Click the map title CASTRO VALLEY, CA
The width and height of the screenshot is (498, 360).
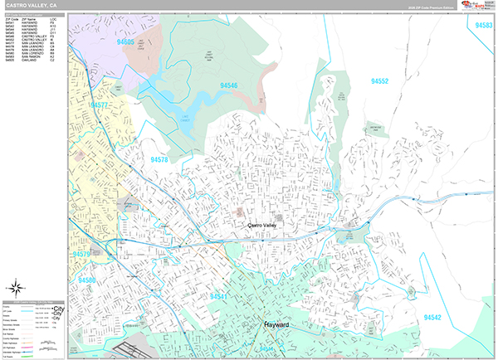31,5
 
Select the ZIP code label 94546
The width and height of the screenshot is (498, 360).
228,85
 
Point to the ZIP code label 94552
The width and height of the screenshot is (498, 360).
380,81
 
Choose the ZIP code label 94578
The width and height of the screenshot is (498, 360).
160,159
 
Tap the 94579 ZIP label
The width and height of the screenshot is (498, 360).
82,254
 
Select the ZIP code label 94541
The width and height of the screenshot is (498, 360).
219,296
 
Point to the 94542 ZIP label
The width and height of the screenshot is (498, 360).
432,317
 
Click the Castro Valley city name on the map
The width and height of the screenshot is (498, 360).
266,225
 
